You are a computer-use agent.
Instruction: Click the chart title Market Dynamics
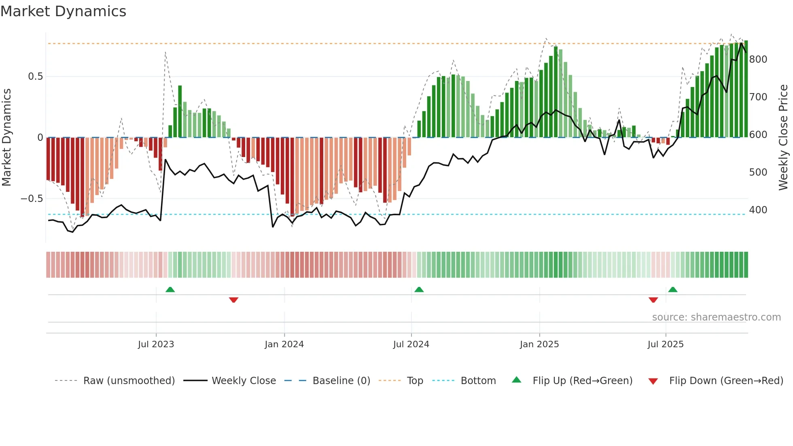coord(63,11)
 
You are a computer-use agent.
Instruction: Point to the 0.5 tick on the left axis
coord(35,76)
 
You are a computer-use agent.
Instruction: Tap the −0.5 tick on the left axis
coord(32,199)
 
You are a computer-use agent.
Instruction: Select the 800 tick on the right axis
coord(758,59)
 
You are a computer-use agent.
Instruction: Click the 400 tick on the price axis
coord(758,210)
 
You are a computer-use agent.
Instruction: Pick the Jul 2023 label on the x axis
coord(156,344)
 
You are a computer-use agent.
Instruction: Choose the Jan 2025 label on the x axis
coord(539,344)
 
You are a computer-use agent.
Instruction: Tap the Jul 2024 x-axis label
coord(411,344)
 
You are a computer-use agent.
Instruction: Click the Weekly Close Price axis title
coord(783,138)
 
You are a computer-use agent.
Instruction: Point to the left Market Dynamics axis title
coord(6,138)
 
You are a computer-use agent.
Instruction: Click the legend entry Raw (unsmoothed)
coord(129,381)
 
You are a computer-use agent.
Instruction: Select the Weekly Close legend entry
coord(244,381)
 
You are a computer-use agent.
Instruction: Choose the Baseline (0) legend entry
coord(341,381)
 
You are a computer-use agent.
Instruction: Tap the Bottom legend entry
coord(478,381)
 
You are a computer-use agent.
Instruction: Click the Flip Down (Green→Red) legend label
coord(726,381)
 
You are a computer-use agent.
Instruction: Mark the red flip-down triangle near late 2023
coord(233,300)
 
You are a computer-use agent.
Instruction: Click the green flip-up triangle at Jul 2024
coord(419,289)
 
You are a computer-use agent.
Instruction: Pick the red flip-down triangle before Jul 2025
coord(653,300)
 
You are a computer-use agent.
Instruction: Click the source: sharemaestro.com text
coord(716,317)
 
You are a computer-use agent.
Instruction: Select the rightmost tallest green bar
coord(746,89)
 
